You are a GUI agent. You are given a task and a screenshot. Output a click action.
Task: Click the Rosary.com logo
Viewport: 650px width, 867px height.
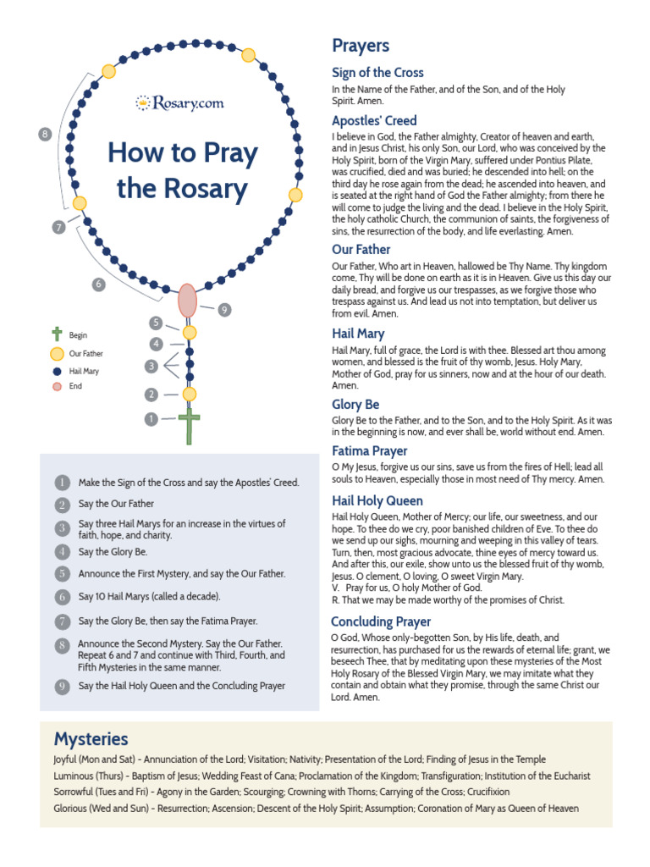point(179,102)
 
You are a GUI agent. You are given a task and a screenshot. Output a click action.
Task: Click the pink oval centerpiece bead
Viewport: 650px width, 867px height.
point(187,301)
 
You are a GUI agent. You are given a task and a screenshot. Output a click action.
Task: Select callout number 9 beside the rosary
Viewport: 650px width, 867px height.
point(223,310)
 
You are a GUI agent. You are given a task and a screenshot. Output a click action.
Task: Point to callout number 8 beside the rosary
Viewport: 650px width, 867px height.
point(46,134)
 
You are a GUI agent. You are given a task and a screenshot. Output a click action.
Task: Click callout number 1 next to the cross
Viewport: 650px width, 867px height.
point(151,418)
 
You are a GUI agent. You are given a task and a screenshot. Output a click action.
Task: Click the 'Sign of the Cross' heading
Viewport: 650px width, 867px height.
point(377,73)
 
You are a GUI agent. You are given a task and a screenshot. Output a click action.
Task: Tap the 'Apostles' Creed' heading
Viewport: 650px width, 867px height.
point(374,120)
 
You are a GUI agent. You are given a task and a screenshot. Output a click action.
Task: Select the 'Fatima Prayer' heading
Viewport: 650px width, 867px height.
point(369,451)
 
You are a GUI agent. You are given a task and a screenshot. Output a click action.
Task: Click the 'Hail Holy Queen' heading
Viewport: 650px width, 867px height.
point(377,500)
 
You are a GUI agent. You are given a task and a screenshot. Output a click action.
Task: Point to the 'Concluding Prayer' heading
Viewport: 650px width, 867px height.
point(381,621)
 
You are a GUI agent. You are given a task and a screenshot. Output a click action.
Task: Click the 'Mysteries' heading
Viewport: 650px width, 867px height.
point(91,738)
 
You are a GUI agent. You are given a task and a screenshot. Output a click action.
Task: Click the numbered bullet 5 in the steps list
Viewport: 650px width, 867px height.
point(62,574)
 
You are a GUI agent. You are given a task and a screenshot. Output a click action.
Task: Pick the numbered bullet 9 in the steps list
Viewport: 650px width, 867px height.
point(62,686)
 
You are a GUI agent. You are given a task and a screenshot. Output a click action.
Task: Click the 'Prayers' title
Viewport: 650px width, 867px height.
point(361,46)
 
